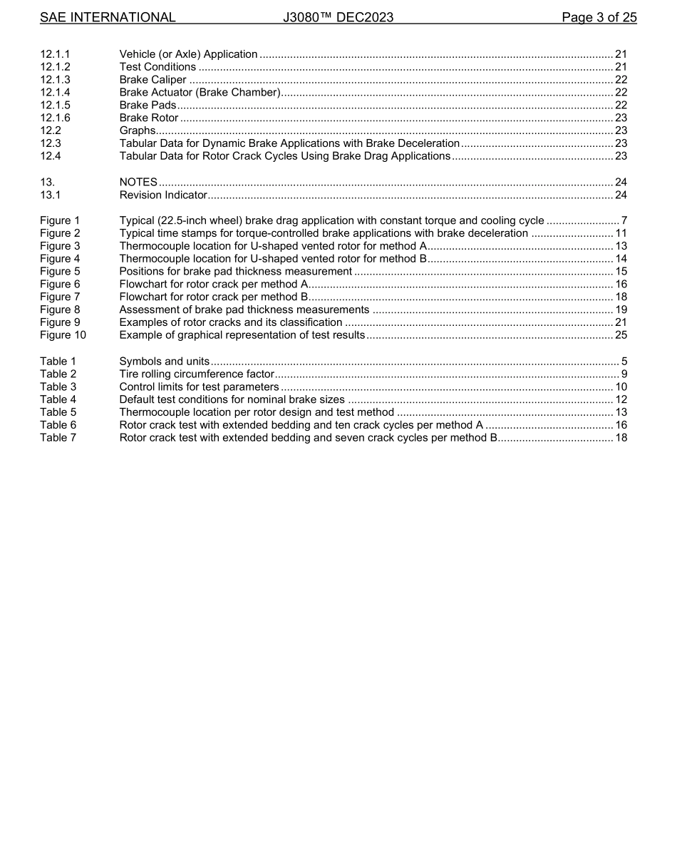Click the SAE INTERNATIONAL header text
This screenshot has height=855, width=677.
(108, 17)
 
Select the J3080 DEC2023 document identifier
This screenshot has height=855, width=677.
(338, 17)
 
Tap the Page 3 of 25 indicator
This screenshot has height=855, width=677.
(599, 17)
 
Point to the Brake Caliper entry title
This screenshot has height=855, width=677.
(153, 80)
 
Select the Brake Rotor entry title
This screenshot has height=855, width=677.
(148, 118)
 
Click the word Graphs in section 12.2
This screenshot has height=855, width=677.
(137, 130)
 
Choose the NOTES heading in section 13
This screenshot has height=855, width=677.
(138, 183)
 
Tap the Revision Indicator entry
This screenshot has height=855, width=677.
(162, 195)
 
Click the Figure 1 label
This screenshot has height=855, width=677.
(60, 221)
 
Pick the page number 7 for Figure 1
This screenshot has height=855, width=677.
(624, 221)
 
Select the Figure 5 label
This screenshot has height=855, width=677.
(60, 272)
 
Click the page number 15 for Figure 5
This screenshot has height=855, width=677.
(621, 272)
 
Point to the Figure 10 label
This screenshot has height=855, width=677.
(63, 335)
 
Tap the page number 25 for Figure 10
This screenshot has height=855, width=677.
(621, 335)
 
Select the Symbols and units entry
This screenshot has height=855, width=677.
(164, 362)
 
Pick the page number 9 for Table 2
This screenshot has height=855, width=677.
(624, 374)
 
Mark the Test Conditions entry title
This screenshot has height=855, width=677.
(157, 67)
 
